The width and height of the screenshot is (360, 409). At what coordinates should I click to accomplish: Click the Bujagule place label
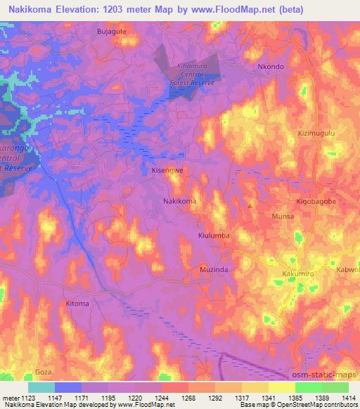tap(110, 32)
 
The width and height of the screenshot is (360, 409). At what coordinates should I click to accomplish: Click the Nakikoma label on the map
tap(180, 201)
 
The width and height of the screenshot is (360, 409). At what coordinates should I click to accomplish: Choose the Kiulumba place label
tap(214, 236)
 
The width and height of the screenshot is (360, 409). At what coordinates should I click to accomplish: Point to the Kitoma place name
tap(77, 304)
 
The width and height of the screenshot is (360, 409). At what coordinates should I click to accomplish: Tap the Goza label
tap(44, 370)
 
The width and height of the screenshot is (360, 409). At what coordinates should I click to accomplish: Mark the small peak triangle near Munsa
tap(252, 205)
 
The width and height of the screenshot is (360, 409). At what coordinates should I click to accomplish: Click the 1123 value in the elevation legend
tap(29, 398)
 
